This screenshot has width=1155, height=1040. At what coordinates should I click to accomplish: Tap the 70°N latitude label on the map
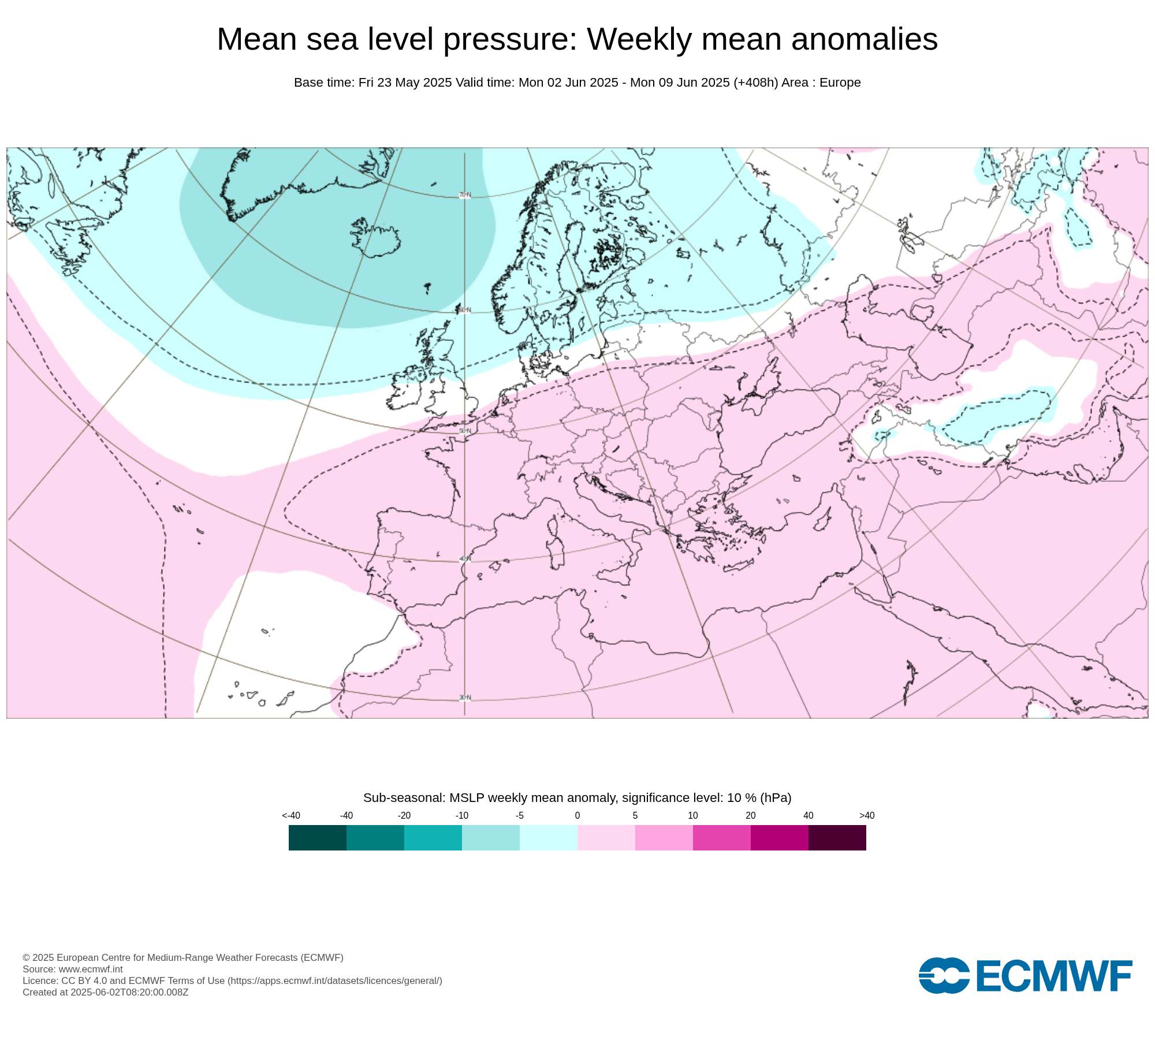[465, 195]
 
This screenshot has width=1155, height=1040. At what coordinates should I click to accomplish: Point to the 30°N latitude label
[465, 698]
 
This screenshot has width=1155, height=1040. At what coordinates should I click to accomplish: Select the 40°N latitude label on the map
[465, 559]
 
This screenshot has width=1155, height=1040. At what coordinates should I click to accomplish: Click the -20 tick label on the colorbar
[404, 816]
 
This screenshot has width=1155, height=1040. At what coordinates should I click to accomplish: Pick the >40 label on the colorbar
[866, 816]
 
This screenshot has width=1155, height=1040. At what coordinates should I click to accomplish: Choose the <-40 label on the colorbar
[291, 816]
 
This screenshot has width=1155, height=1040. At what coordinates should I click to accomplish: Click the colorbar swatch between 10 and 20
[722, 838]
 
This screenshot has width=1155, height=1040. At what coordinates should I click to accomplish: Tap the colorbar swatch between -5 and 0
[549, 838]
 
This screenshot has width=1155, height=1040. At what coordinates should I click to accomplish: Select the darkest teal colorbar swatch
[318, 838]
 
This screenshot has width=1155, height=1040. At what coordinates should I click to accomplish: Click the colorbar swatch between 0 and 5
[606, 838]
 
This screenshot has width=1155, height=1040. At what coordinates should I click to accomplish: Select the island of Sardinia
[556, 551]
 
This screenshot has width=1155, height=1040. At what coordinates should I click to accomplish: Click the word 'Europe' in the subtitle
[840, 83]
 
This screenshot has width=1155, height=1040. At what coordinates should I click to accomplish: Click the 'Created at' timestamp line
[105, 992]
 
